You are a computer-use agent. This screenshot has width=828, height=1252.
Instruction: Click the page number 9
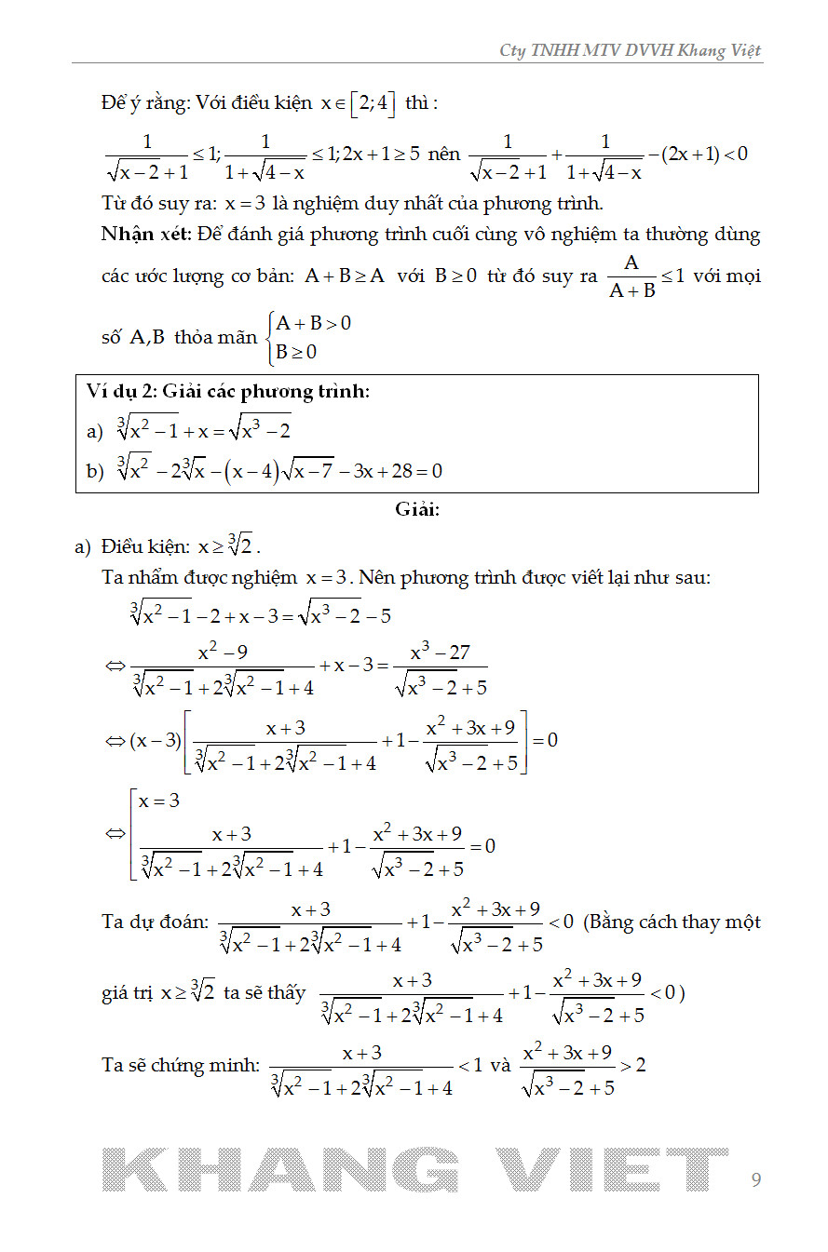click(x=755, y=1180)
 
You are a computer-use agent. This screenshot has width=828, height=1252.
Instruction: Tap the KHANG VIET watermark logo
click(x=414, y=1169)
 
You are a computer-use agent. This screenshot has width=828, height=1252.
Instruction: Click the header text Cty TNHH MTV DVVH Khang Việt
click(x=631, y=50)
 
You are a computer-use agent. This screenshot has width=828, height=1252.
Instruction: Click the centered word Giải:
click(x=416, y=509)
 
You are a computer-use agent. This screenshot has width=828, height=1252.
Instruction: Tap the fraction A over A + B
click(x=631, y=276)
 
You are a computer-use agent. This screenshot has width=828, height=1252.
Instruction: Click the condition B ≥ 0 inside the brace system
click(x=296, y=352)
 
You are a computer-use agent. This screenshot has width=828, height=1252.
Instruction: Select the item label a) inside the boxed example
click(x=94, y=431)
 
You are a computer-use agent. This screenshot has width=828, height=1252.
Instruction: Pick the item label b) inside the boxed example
click(x=94, y=472)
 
